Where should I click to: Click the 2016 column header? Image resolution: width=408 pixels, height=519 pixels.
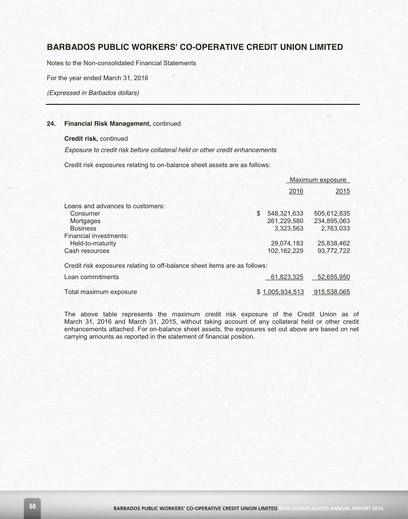tap(296, 191)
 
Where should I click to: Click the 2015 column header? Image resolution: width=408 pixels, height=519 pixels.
tap(342, 191)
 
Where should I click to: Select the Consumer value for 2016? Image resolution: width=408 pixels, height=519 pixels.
tap(285, 214)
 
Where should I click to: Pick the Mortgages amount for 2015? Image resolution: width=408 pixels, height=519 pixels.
tap(332, 221)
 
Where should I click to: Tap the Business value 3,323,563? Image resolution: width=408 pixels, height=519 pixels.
tap(289, 229)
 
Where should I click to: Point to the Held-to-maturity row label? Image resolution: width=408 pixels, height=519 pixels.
tap(93, 243)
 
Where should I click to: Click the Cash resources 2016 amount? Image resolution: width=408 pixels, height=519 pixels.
tap(285, 251)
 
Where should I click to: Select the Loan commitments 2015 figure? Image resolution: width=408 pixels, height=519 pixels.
tap(334, 277)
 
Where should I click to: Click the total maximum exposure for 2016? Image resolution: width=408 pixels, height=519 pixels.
tap(283, 292)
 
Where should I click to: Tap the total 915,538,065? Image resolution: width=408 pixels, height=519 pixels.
tap(332, 292)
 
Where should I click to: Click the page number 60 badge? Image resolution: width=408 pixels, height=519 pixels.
tap(32, 507)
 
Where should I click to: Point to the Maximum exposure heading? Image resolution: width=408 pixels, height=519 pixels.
tap(318, 180)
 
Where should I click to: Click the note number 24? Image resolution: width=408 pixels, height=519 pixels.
tap(51, 124)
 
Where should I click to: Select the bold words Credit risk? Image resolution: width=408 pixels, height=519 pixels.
tap(81, 139)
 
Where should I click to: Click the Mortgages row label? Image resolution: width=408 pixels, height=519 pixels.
tap(85, 221)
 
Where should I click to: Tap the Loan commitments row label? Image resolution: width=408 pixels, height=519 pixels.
tap(91, 277)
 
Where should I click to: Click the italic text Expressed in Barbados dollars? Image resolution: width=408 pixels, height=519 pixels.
tap(93, 93)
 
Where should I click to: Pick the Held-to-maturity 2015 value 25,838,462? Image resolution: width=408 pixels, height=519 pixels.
tap(334, 243)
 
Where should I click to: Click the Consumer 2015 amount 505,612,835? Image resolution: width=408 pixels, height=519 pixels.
tap(332, 214)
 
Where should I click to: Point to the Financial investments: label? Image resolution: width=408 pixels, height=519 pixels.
tap(96, 236)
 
